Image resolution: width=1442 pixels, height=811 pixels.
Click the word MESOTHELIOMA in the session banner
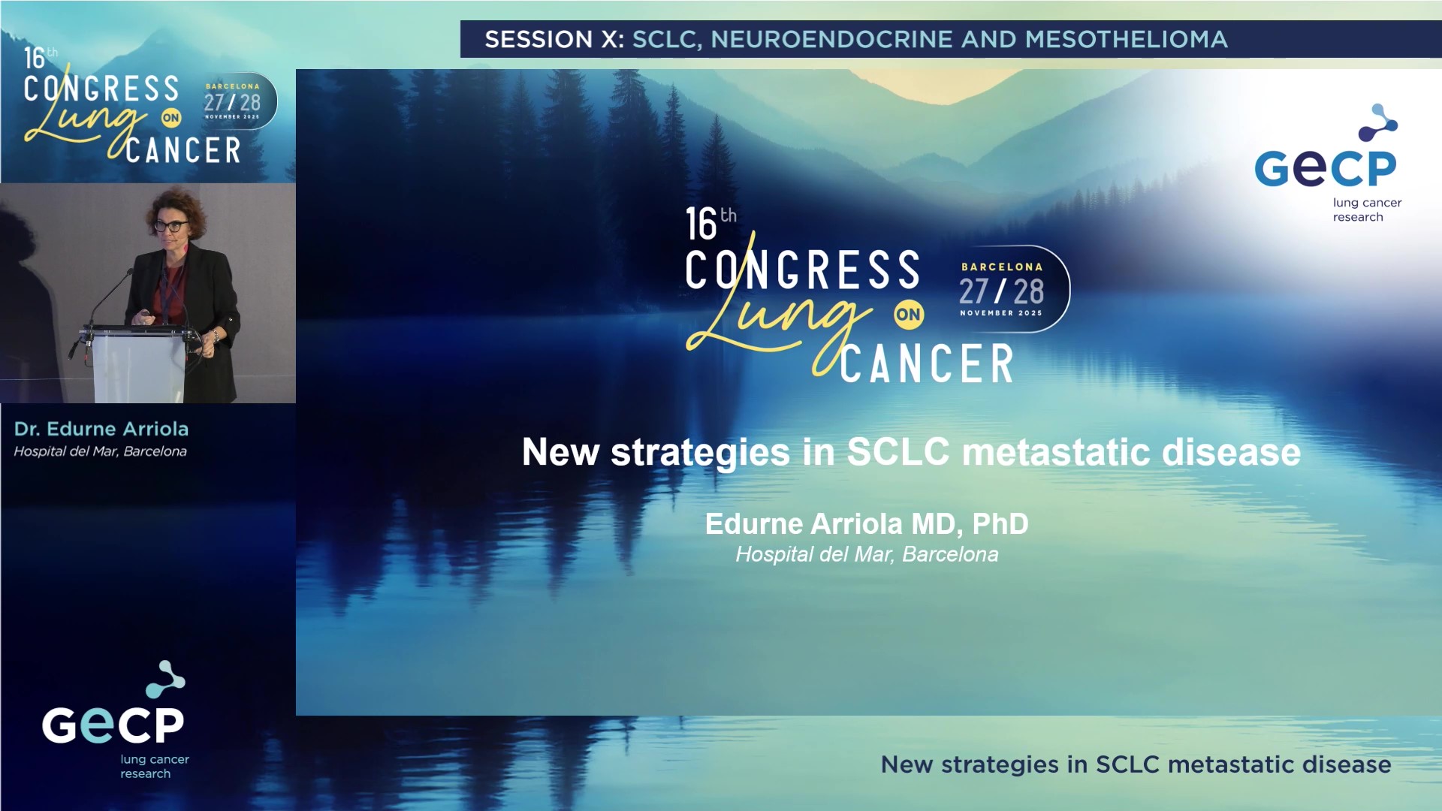1126,39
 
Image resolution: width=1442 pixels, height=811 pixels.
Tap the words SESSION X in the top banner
554,39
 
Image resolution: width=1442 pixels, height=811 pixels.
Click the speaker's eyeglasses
172,225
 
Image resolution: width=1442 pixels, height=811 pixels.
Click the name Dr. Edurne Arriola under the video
101,429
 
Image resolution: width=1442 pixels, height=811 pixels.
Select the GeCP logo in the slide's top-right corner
1326,164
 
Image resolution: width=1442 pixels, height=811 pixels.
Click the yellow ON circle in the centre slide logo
908,315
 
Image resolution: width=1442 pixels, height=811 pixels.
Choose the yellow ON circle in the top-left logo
171,118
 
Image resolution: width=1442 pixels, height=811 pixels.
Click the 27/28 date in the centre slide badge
1001,291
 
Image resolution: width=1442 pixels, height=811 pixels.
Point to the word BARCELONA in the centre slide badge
1002,267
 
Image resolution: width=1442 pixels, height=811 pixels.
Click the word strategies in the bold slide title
700,452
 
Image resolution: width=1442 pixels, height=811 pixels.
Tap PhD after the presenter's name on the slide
1000,524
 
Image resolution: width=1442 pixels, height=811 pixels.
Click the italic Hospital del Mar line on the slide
867,554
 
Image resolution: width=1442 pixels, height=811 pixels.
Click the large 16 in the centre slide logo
701,224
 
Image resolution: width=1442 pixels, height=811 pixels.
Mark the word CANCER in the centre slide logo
927,364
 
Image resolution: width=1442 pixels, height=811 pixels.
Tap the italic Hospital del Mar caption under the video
100,451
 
